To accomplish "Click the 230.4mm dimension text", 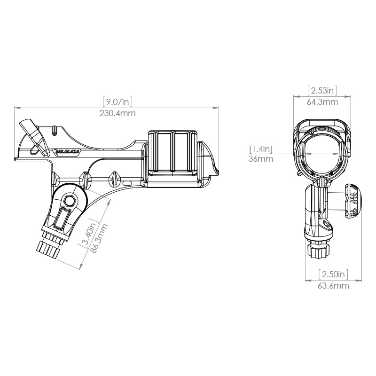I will point(117,113).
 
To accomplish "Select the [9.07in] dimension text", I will point(117,101).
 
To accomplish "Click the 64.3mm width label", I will point(322,102).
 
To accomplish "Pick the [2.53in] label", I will point(322,90).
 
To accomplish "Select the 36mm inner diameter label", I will point(260,159).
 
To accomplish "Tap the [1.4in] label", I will point(260,149).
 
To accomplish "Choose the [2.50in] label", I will point(333,274).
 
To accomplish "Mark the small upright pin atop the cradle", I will point(55,129).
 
